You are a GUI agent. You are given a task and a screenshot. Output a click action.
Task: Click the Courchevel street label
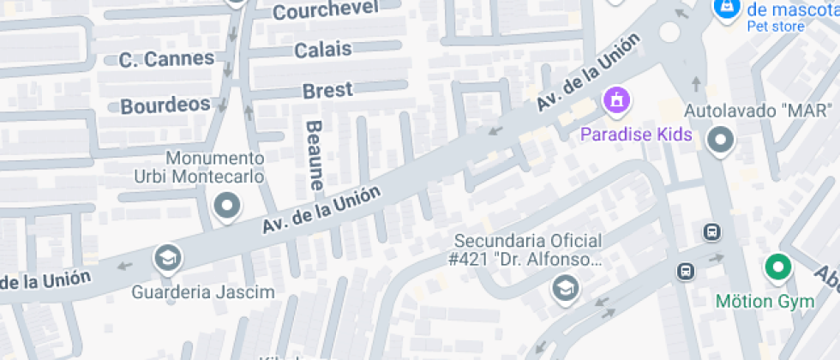pyautogui.click(x=325, y=11)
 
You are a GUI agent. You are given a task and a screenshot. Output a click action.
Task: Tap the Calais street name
pyautogui.click(x=323, y=50)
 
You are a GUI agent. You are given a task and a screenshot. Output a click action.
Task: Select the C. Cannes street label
pyautogui.click(x=166, y=59)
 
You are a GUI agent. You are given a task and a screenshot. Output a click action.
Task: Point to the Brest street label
pyautogui.click(x=327, y=90)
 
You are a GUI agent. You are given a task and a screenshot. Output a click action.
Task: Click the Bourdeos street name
pyautogui.click(x=165, y=105)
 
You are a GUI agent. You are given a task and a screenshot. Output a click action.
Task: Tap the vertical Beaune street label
pyautogui.click(x=315, y=155)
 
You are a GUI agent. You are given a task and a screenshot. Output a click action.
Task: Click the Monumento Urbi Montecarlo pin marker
pyautogui.click(x=227, y=206)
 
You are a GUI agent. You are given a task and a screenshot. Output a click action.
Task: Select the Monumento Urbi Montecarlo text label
pyautogui.click(x=214, y=167)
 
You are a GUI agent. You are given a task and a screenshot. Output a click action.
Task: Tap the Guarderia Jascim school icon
pyautogui.click(x=168, y=257)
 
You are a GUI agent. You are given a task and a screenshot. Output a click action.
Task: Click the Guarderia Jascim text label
pyautogui.click(x=203, y=292)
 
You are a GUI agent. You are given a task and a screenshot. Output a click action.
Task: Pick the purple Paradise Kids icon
pyautogui.click(x=616, y=102)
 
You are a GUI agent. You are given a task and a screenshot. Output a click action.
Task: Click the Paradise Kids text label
pyautogui.click(x=636, y=135)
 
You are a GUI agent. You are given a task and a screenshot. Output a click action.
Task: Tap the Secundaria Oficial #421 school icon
pyautogui.click(x=565, y=287)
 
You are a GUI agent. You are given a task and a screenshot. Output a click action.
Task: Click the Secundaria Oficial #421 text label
pyautogui.click(x=528, y=249)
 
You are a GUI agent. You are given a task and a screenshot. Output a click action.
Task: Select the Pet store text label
pyautogui.click(x=775, y=27)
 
